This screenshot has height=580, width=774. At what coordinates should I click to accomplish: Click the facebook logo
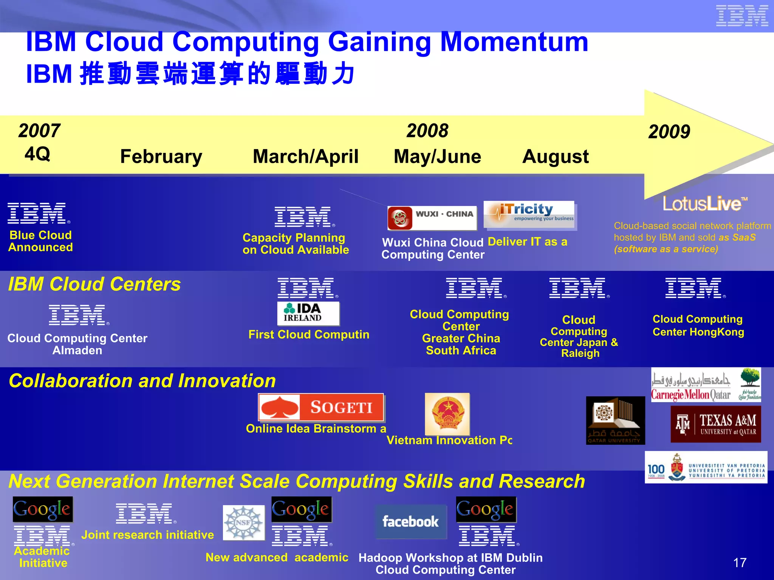pyautogui.click(x=411, y=522)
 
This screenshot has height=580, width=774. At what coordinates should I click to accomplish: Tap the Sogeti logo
pyautogui.click(x=321, y=407)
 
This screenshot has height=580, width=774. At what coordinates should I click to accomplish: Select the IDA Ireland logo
pyautogui.click(x=308, y=313)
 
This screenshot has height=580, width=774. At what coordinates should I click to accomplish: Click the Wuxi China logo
pyautogui.click(x=432, y=218)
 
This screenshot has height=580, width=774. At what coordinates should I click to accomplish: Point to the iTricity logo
pyautogui.click(x=529, y=214)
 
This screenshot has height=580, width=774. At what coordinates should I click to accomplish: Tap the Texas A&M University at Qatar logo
pyautogui.click(x=716, y=424)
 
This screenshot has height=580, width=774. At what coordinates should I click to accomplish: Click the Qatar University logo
pyautogui.click(x=615, y=420)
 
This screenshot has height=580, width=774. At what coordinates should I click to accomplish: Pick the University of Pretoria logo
pyautogui.click(x=706, y=467)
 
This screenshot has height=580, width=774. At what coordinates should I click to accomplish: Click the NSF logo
pyautogui.click(x=243, y=523)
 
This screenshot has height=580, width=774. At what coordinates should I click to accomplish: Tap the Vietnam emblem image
pyautogui.click(x=447, y=414)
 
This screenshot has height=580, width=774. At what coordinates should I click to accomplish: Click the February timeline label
pyautogui.click(x=161, y=156)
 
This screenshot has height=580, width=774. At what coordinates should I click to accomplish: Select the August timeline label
pyautogui.click(x=555, y=156)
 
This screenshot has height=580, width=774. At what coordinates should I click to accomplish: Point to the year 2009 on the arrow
pyautogui.click(x=669, y=132)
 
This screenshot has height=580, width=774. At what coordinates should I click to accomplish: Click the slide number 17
pyautogui.click(x=740, y=563)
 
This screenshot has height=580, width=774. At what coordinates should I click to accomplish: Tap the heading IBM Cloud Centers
pyautogui.click(x=94, y=284)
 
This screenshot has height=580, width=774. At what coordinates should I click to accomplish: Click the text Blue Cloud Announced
pyautogui.click(x=40, y=241)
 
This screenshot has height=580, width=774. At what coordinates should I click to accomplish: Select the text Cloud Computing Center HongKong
pyautogui.click(x=698, y=325)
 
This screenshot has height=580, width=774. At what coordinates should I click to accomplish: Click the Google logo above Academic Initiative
pyautogui.click(x=42, y=509)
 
